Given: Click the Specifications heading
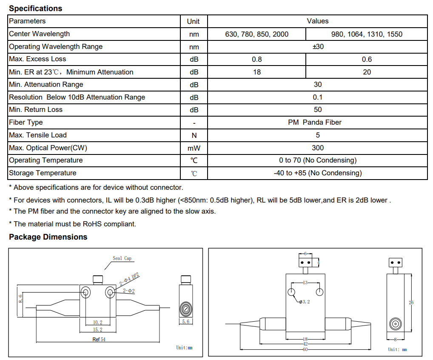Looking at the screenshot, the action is tap(36, 8).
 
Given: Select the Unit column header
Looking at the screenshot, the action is tap(193, 21).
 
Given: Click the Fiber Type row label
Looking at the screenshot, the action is tap(26, 123).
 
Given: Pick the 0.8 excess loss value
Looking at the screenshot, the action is tap(257, 60).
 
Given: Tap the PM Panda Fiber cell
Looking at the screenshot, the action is tap(315, 123).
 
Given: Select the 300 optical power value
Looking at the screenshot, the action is tap(318, 148).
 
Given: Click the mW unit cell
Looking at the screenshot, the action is tap(194, 149).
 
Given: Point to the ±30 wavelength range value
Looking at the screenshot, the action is tap(318, 47).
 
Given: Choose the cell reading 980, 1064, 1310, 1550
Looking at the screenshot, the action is tap(367, 34).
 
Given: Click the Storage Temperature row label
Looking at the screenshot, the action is tap(43, 173).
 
